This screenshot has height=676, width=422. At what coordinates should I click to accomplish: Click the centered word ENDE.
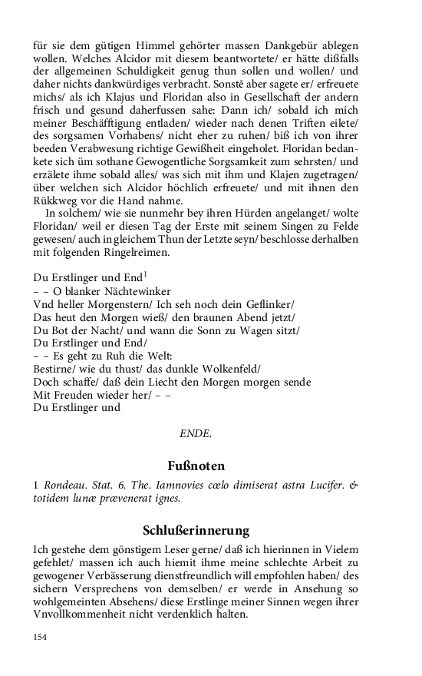pyautogui.click(x=196, y=433)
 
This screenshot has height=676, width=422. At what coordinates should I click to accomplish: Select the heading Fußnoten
pyautogui.click(x=196, y=466)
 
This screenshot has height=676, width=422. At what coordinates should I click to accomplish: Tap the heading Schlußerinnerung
pyautogui.click(x=196, y=530)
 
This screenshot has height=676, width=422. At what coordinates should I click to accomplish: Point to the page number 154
pyautogui.click(x=41, y=637)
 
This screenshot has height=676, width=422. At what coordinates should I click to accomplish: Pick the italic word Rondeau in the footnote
pyautogui.click(x=65, y=485)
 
